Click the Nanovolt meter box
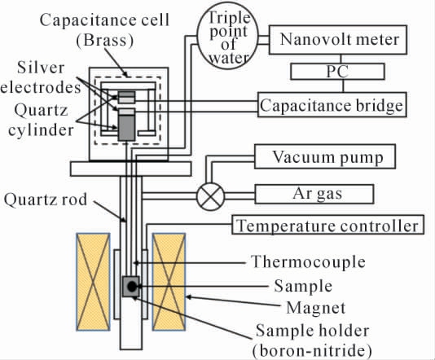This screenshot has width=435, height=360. [x=338, y=40]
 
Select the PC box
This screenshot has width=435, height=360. [x=337, y=72]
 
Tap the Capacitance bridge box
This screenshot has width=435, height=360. [x=332, y=105]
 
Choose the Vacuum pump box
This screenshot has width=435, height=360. [x=325, y=156]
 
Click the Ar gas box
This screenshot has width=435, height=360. [x=314, y=194]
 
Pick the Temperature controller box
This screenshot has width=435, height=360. [x=328, y=225]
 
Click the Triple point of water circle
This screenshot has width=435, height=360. [x=228, y=36]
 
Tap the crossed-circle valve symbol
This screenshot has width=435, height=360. [x=210, y=196]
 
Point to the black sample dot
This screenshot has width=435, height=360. [x=132, y=287]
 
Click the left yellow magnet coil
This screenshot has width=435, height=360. [x=93, y=282]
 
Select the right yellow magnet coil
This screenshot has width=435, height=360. [x=169, y=282]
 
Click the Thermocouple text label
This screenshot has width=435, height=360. [x=308, y=262]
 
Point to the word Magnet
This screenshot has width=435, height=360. [x=316, y=308]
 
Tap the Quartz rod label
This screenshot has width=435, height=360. [x=46, y=200]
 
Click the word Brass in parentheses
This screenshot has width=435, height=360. [x=105, y=40]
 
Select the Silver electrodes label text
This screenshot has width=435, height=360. [x=41, y=77]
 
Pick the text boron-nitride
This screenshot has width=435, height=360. [x=312, y=350]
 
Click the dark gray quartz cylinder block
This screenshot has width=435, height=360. [x=126, y=128]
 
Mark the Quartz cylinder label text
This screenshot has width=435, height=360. [x=41, y=120]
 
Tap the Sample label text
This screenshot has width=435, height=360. [x=303, y=286]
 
